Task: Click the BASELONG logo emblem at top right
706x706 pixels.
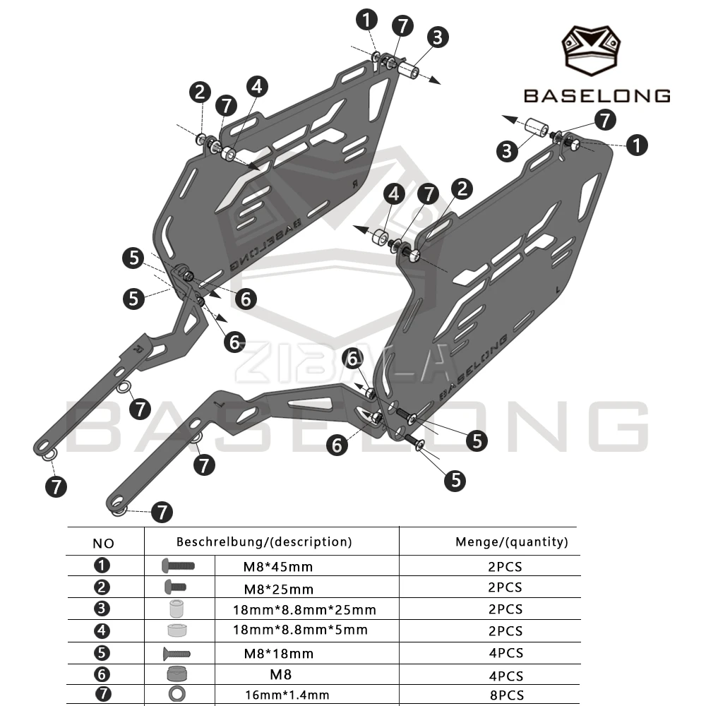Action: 590,50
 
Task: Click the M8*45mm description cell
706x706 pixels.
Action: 277,566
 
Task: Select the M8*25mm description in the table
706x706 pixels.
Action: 278,589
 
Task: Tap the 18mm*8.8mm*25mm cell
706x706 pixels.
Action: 304,610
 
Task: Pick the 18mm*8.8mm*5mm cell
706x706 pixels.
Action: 300,630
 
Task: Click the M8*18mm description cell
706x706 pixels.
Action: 278,653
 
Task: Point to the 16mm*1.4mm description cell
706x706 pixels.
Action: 287,695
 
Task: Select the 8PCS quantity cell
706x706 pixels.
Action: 506,695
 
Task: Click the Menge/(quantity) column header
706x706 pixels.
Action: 511,542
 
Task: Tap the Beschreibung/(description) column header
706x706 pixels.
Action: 264,542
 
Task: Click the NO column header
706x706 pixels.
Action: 103,544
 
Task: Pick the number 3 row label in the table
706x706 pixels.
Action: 102,609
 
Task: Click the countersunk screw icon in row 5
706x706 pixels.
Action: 177,653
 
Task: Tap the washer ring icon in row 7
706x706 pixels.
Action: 177,694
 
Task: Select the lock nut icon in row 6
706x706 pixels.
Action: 176,674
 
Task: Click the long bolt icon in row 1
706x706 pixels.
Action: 178,566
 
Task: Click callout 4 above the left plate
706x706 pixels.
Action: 257,86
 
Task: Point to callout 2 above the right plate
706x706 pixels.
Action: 462,189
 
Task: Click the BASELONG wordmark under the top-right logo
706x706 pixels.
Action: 597,96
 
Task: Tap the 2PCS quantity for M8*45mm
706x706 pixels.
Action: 505,566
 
